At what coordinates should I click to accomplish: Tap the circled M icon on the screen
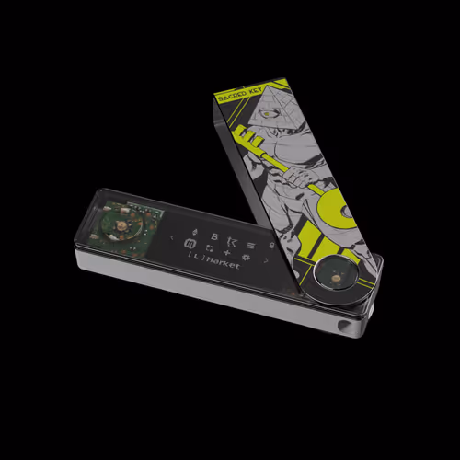pos(190,244)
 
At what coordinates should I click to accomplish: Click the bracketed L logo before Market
pos(194,263)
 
